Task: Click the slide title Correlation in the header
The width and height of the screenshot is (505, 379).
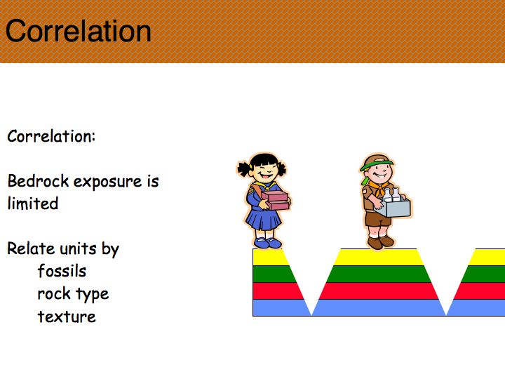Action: [x=79, y=31]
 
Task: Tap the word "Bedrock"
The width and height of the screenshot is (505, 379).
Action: [x=38, y=181]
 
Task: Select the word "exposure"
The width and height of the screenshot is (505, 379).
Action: [x=107, y=182]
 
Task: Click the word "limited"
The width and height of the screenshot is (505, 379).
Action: [x=33, y=204]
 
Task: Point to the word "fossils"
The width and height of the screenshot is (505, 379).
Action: [x=62, y=271]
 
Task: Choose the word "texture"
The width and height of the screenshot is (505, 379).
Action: [x=67, y=317]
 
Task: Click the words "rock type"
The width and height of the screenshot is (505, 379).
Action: [x=73, y=294]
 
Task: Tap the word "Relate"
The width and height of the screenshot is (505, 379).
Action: [x=31, y=248]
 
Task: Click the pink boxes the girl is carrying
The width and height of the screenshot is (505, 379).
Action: [x=275, y=200]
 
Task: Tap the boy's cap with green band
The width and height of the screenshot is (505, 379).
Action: [x=377, y=162]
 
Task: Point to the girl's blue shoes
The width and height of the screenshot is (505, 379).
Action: [x=268, y=242]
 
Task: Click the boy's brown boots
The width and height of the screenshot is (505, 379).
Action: [x=381, y=242]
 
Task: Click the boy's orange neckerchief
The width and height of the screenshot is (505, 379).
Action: [x=378, y=187]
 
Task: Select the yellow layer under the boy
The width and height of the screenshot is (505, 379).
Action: [x=379, y=257]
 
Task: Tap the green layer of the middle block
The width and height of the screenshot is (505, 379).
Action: [x=379, y=274]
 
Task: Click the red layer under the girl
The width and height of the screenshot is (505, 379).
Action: [x=278, y=291]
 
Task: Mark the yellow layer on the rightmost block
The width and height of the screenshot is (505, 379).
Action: [x=486, y=257]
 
